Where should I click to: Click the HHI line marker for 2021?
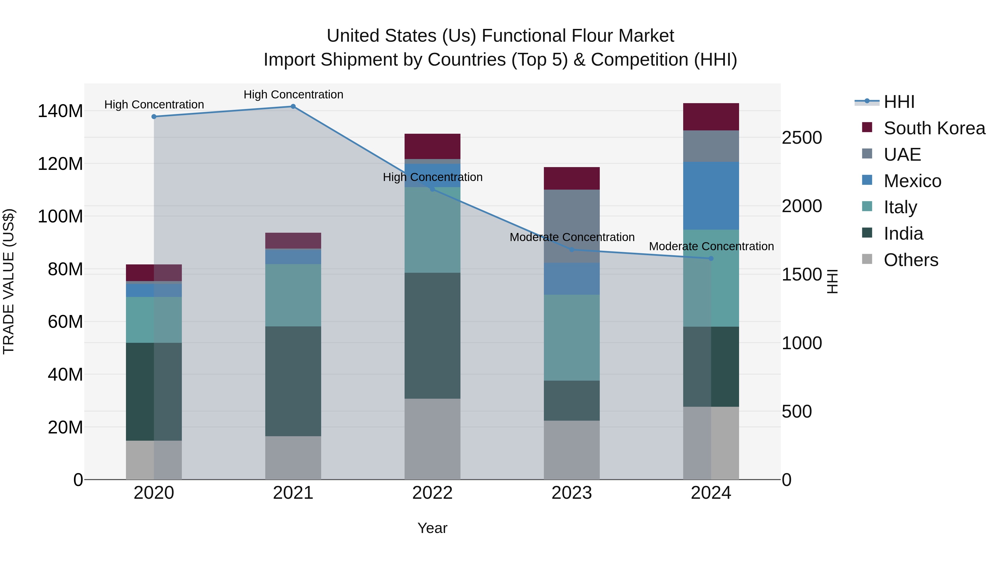coord(293,106)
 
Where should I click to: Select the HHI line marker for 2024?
coord(711,258)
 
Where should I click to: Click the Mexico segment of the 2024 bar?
coord(711,195)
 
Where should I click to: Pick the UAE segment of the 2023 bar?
coord(572,226)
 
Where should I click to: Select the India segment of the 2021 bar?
coord(293,381)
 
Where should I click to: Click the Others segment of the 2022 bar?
coord(432,439)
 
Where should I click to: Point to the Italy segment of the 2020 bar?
coord(154,319)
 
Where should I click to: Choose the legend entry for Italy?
coord(900,207)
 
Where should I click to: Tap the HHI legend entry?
coord(898,102)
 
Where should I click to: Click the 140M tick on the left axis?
coord(60,111)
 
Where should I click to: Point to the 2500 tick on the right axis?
coord(802,138)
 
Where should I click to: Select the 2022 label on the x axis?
coord(432,493)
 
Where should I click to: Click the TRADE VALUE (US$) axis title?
coord(9,281)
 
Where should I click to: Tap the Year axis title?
coord(432,528)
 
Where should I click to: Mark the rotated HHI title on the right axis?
coord(832,281)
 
